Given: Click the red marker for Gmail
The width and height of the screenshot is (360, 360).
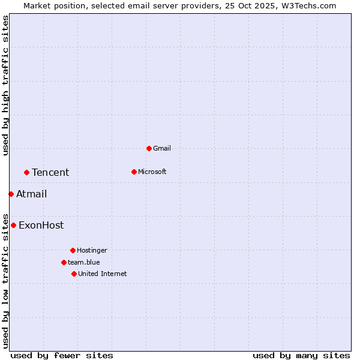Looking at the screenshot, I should tap(149, 148).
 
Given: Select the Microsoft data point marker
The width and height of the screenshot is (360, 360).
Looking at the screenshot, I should tap(134, 172).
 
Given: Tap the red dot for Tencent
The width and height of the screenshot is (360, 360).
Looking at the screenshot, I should tap(26, 173).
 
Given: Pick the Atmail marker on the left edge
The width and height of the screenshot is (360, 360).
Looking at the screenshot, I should tap(11, 194).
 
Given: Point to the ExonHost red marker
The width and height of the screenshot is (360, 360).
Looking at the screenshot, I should tap(13, 226).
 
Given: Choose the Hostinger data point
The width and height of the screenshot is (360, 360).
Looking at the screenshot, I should tap(73, 250).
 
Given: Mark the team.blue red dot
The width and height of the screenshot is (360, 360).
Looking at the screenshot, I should tap(64, 262).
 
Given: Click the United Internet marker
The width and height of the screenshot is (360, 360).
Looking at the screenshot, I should tap(74, 274).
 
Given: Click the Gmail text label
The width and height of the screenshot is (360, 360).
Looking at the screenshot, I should tap(162, 148).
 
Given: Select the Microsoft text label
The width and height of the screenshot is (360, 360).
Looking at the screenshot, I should tap(152, 172).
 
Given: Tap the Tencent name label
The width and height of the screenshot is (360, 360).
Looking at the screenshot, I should tap(50, 173).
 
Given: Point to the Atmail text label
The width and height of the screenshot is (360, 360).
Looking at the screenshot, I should tap(31, 194).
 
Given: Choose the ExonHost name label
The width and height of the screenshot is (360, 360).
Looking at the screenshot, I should tap(41, 226).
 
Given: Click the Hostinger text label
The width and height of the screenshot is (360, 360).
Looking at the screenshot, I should tap(92, 250).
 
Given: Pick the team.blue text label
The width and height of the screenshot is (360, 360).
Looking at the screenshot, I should tap(83, 262).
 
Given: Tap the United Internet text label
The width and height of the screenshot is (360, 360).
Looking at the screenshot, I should tap(102, 274).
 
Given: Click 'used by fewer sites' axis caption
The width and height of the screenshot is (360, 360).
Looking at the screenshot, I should tap(62, 355).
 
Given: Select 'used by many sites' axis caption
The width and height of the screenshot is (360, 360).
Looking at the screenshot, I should tap(301, 355).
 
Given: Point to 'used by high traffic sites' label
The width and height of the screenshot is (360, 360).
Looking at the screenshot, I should tap(5, 85).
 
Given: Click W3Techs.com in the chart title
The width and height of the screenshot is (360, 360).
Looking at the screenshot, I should tap(308, 5).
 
